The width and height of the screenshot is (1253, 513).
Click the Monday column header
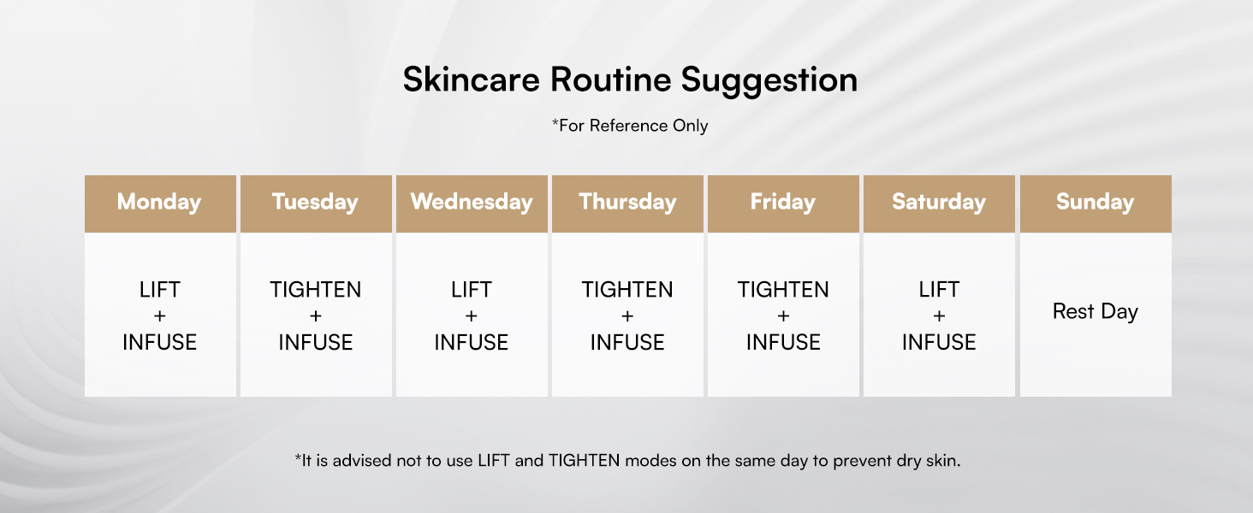tap(160, 203)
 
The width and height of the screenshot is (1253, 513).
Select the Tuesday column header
tap(316, 203)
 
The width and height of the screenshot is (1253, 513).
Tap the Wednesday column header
tap(472, 203)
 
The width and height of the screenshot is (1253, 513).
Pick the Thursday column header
tap(627, 203)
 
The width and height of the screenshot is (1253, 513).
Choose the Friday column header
tap(783, 203)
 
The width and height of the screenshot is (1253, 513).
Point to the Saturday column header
tap(939, 203)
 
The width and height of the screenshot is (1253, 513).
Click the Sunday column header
tap(1096, 203)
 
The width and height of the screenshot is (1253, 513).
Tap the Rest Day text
tap(1096, 312)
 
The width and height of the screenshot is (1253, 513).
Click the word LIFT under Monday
tap(160, 290)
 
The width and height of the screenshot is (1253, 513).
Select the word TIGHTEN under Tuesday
tap(316, 290)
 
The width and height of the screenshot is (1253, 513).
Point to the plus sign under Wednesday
tap(472, 315)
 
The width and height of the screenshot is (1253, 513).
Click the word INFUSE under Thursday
tap(627, 342)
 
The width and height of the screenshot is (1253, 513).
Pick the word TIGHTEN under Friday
tap(783, 290)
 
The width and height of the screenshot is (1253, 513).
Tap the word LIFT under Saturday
tap(939, 290)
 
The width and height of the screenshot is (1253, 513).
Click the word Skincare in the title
tap(472, 80)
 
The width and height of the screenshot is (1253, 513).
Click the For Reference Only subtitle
tap(630, 126)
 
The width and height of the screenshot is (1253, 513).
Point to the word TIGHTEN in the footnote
tap(584, 461)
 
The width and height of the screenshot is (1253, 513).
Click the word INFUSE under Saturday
tap(939, 342)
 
